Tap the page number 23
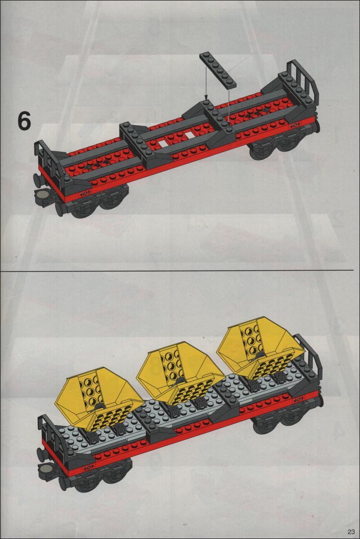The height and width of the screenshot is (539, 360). tap(351, 531)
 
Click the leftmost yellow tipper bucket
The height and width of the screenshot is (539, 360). tap(99, 399)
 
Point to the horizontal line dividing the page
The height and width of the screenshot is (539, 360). tap(177, 270)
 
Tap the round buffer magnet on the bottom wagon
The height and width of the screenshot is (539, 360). tap(45, 468)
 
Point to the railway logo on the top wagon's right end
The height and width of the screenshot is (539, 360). tap(294, 125)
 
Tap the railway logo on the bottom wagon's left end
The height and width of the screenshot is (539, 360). tap(89, 467)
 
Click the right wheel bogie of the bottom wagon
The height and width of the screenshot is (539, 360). tap(285, 418)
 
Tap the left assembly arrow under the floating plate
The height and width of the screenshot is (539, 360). tap(206, 82)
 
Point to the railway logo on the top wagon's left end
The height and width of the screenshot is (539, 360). tap(85, 193)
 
